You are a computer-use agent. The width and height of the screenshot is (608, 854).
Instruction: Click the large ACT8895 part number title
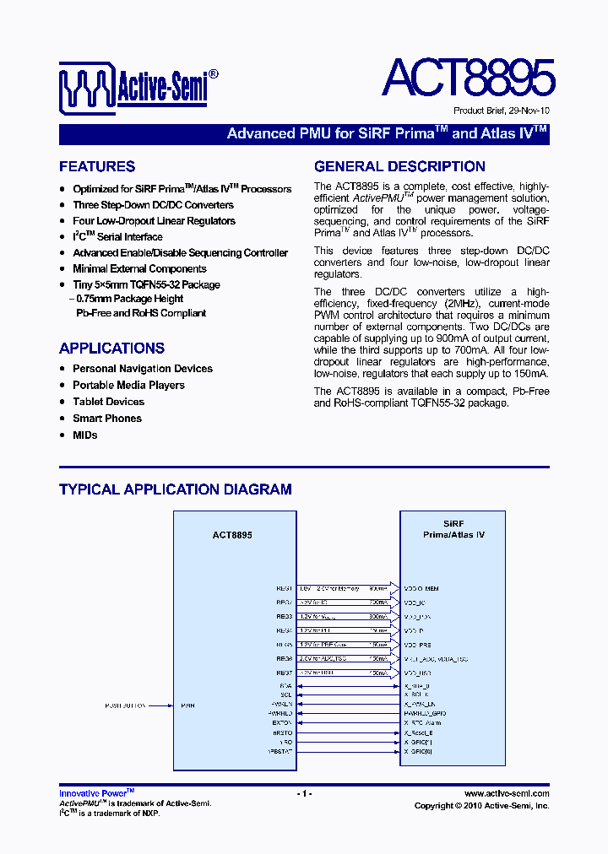point(468,78)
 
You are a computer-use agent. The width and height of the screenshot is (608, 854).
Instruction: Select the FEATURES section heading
point(97,167)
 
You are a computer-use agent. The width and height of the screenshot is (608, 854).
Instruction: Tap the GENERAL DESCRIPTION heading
point(399,167)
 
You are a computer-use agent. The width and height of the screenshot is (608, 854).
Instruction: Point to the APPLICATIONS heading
point(111,349)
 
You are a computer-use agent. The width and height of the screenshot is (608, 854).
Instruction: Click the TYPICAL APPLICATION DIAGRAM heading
point(176,489)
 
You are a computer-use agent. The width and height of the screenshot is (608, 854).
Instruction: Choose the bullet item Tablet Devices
point(108,402)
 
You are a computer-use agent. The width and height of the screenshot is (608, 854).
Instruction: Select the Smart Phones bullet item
point(107,419)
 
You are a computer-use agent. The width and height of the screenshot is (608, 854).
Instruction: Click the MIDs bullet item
point(85,435)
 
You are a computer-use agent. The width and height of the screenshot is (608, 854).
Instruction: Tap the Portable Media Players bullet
point(128,385)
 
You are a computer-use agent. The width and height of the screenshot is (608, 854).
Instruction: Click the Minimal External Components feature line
point(139,269)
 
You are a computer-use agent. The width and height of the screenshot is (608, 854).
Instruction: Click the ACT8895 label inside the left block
point(232,535)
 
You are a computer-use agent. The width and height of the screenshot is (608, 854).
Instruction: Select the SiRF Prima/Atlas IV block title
point(453,529)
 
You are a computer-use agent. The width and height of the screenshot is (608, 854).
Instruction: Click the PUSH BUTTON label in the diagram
point(126,705)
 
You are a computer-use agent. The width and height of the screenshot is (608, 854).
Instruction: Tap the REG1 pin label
point(284,588)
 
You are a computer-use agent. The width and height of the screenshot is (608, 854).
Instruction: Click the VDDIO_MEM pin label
point(421,588)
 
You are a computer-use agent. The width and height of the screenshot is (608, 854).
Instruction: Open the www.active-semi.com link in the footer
point(507,794)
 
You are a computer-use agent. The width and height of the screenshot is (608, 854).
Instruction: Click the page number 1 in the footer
point(304,794)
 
